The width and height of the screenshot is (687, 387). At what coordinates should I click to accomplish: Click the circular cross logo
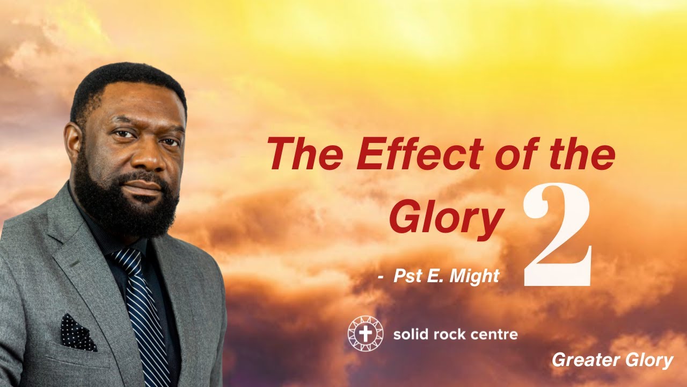pyautogui.click(x=365, y=334)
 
